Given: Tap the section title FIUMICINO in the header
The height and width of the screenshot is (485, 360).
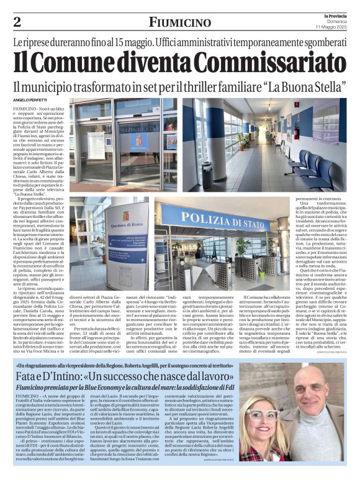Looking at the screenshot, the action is click(179, 23).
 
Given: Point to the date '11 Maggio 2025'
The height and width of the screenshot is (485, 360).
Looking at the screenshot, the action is click(332, 26).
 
